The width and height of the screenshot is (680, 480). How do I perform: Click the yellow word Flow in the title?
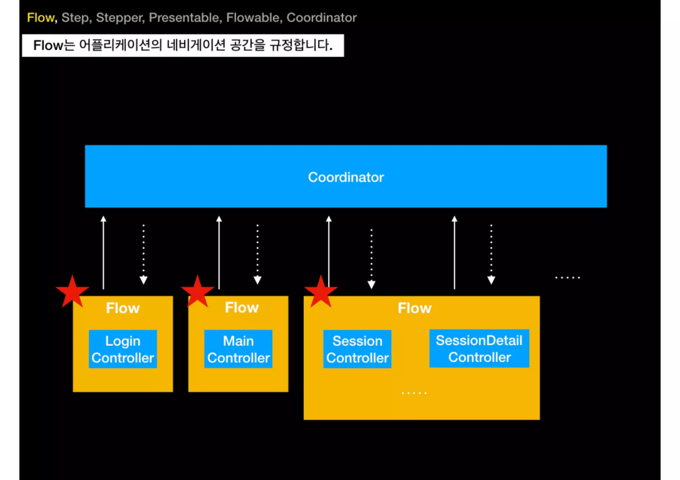point(41,18)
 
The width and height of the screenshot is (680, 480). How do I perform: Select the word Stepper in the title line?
point(120,18)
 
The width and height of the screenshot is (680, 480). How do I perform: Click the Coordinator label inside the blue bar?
point(346,177)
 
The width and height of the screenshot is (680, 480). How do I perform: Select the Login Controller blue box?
point(123,349)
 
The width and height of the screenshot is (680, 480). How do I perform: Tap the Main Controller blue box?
point(238,349)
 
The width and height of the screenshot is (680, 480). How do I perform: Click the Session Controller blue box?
point(357,349)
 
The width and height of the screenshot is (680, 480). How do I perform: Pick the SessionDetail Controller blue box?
point(479,348)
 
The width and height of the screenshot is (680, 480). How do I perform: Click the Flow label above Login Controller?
point(123,308)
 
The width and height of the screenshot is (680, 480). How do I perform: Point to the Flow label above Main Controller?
point(242,308)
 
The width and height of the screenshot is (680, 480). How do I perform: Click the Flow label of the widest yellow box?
point(414,308)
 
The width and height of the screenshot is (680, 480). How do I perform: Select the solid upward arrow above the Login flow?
point(103,252)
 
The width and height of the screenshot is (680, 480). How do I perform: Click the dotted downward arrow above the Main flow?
point(257,254)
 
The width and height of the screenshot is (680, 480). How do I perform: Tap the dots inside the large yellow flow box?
point(414,393)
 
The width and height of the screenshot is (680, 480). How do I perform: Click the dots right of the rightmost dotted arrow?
point(567,278)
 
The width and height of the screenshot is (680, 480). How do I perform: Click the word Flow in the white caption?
point(48,45)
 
